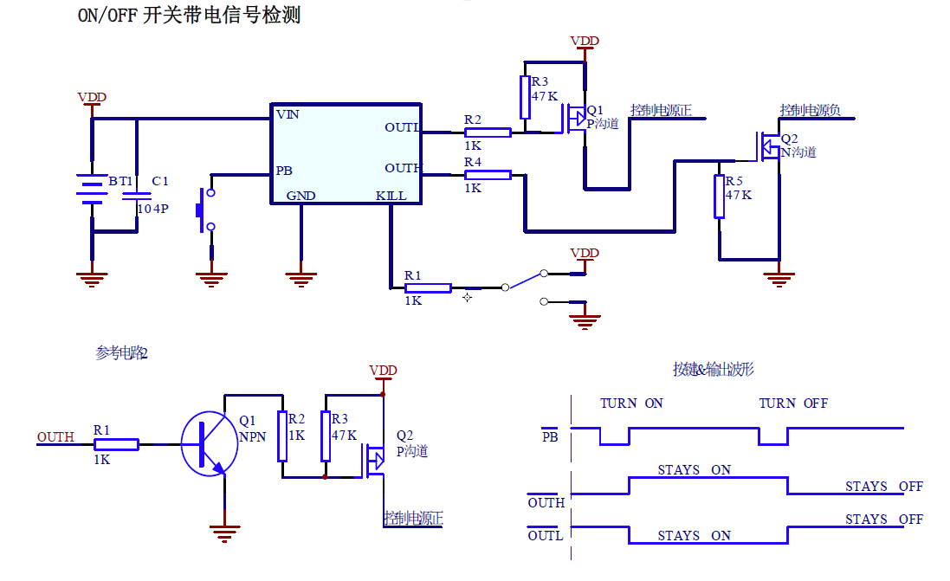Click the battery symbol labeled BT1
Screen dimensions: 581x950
click(91, 189)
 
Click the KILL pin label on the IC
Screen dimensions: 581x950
click(391, 197)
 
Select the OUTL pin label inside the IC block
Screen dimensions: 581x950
click(402, 128)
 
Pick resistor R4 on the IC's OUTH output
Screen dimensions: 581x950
click(488, 175)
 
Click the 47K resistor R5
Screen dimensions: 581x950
click(719, 197)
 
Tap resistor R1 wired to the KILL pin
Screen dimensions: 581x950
click(428, 287)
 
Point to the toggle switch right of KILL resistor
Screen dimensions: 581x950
click(525, 281)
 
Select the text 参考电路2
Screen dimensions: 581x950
click(122, 353)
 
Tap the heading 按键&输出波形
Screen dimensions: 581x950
click(714, 370)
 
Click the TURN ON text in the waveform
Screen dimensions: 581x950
click(631, 403)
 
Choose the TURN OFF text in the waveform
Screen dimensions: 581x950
click(792, 403)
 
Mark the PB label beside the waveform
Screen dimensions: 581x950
click(550, 437)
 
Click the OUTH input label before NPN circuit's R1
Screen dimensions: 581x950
click(55, 437)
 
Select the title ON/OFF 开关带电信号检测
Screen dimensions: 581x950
click(189, 15)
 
